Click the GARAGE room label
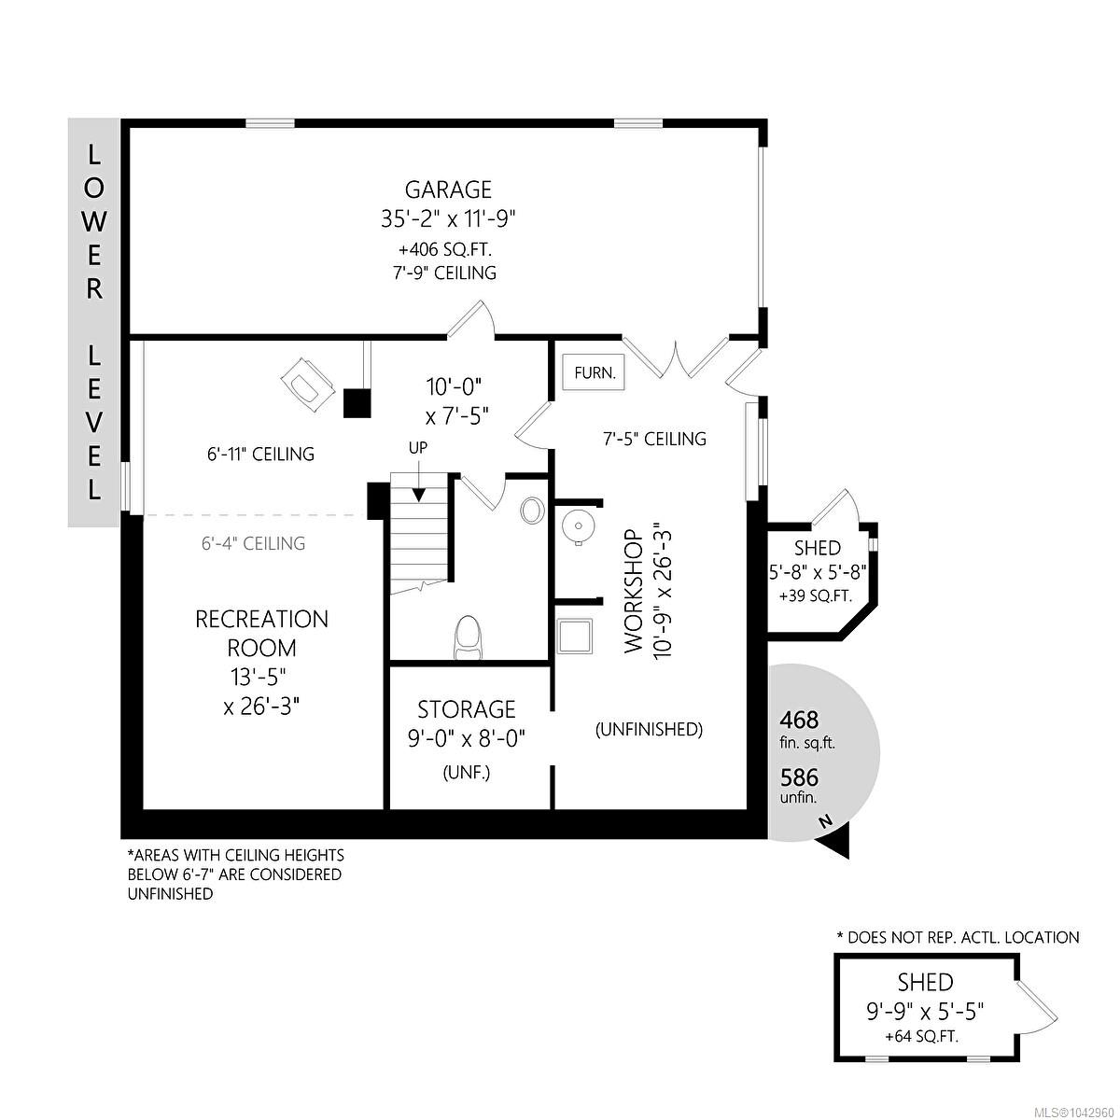[448, 189]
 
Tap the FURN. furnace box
[593, 372]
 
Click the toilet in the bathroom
[469, 637]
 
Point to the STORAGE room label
[466, 709]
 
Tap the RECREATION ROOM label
[261, 634]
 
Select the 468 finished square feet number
[799, 721]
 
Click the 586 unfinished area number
[799, 777]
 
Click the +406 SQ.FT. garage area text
[445, 250]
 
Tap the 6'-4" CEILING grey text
[253, 543]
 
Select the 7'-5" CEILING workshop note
[654, 439]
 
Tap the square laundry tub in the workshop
[575, 636]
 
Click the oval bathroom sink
[531, 511]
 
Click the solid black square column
[357, 403]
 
